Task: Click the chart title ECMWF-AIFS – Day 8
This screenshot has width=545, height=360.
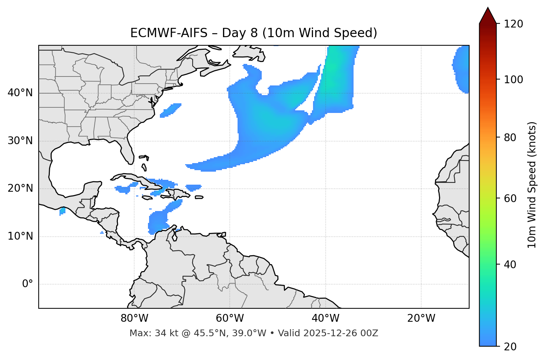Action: pyautogui.click(x=254, y=33)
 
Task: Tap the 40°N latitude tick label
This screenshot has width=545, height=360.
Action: pyautogui.click(x=20, y=93)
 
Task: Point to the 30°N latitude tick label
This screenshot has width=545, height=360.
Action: pyautogui.click(x=20, y=141)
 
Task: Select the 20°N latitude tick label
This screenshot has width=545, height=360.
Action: pyautogui.click(x=20, y=188)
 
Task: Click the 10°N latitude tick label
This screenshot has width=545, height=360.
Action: pyautogui.click(x=20, y=236)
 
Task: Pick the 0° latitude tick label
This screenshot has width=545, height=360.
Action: pyautogui.click(x=28, y=284)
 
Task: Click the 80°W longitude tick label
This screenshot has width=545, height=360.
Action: pyautogui.click(x=134, y=318)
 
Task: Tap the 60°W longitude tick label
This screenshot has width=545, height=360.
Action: pyautogui.click(x=230, y=318)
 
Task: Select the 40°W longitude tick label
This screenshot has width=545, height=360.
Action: pyautogui.click(x=325, y=318)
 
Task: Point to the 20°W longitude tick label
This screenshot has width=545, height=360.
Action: pyautogui.click(x=421, y=318)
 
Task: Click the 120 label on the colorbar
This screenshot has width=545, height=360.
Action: pyautogui.click(x=513, y=24)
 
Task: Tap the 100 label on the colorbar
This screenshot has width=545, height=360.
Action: pyautogui.click(x=513, y=80)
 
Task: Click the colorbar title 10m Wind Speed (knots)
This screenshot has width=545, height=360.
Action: pyautogui.click(x=532, y=185)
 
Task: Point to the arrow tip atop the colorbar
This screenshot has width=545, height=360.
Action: pyautogui.click(x=488, y=9)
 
